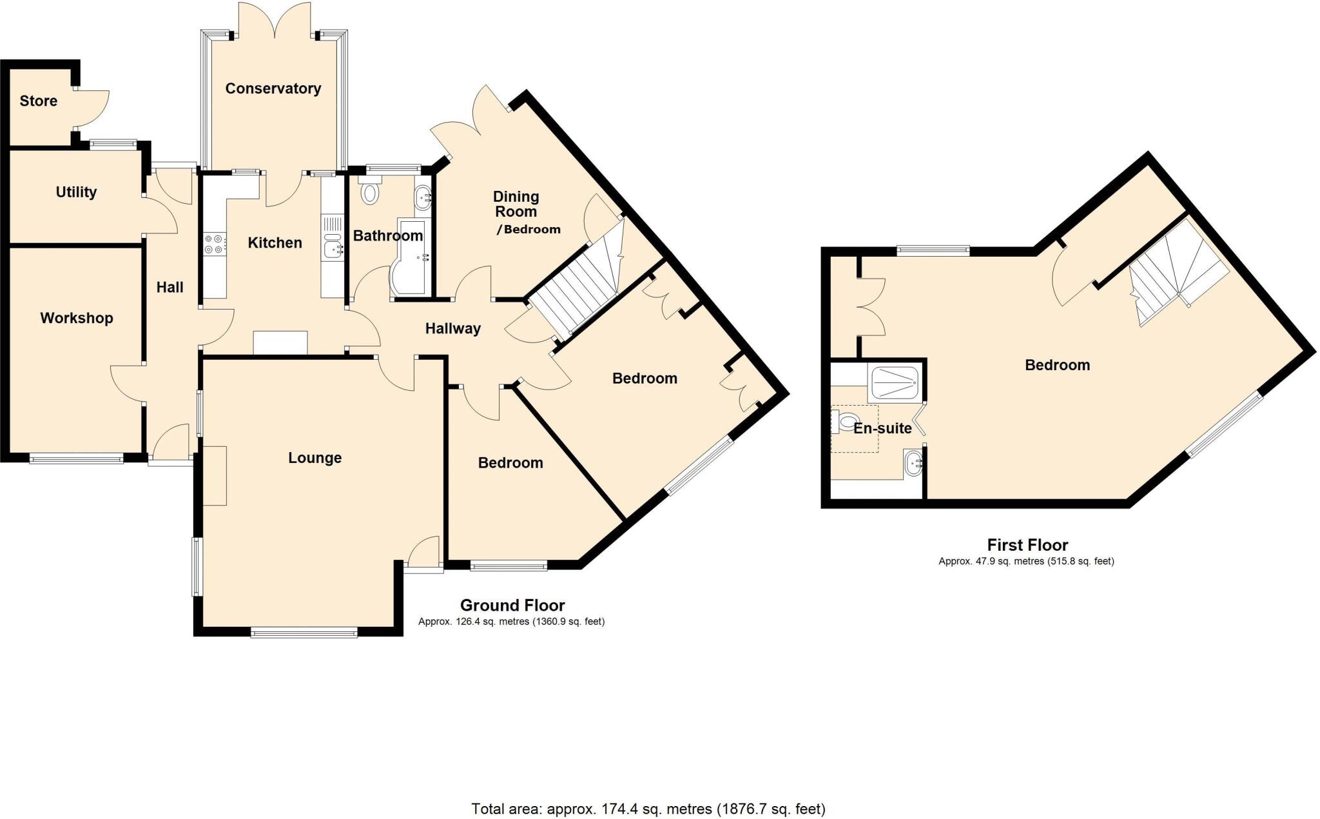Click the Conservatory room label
273,88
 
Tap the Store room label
38,101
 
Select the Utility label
76,192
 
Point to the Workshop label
76,317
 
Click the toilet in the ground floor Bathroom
370,192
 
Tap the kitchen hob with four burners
214,244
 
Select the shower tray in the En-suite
895,383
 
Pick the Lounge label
315,458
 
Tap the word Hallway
452,328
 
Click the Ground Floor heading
512,605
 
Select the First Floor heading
1027,545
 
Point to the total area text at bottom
648,808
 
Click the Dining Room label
516,204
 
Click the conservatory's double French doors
274,19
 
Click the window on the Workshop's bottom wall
76,459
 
